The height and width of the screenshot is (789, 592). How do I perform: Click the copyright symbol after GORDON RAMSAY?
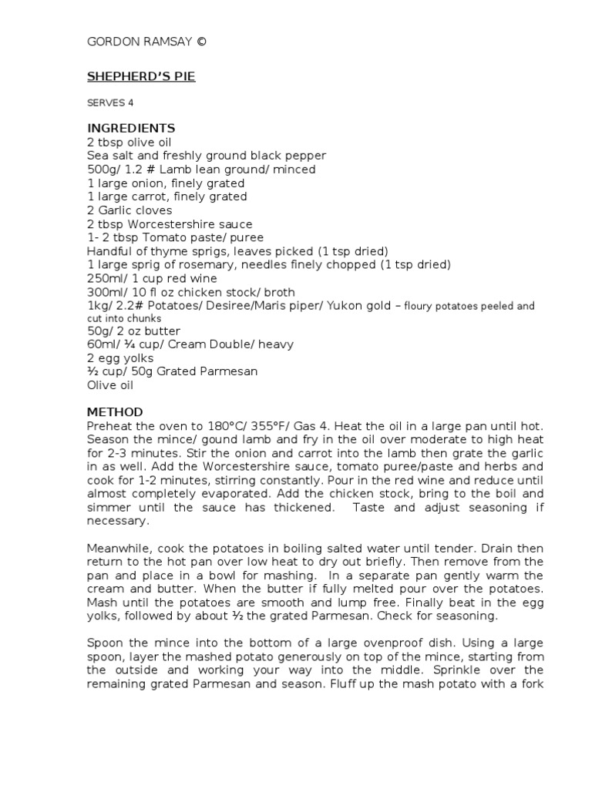[x=201, y=42]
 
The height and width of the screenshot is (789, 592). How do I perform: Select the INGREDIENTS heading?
[x=130, y=128]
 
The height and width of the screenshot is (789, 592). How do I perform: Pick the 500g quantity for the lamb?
[x=100, y=170]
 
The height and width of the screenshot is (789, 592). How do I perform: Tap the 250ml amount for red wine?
[x=103, y=278]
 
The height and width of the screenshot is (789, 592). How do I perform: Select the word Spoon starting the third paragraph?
[x=105, y=643]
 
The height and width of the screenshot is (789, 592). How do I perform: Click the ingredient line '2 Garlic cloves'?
[x=129, y=210]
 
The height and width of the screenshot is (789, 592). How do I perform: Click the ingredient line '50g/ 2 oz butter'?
[x=133, y=331]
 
